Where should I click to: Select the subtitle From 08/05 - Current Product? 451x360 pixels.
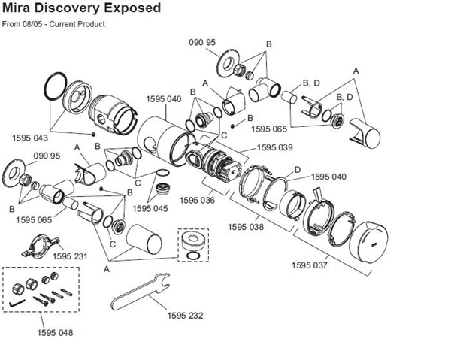[53, 25]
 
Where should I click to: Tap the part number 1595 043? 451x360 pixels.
[30, 138]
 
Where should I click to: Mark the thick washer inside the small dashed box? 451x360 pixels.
[192, 241]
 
